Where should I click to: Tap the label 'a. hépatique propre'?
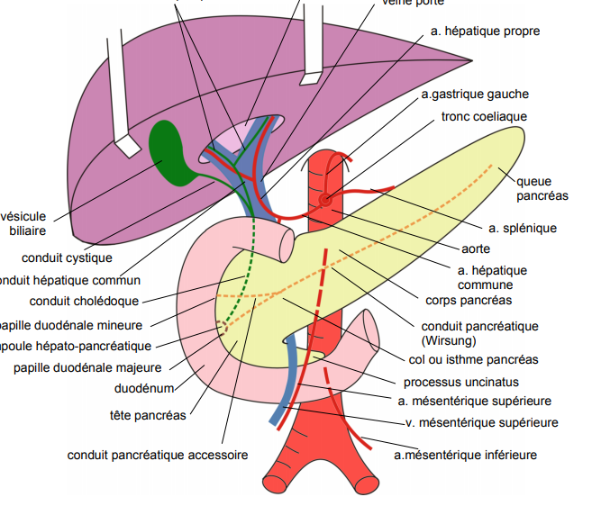click(x=485, y=32)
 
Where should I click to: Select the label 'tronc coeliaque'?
click(x=484, y=117)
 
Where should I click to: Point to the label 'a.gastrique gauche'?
click(x=475, y=94)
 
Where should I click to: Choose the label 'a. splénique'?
click(x=523, y=228)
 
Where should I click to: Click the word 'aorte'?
click(x=476, y=248)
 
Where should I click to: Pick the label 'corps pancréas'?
click(x=468, y=300)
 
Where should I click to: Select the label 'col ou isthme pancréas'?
click(x=473, y=359)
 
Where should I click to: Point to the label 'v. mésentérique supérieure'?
click(x=481, y=421)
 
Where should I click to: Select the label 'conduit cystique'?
click(x=67, y=257)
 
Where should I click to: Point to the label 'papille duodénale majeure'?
click(x=87, y=367)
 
